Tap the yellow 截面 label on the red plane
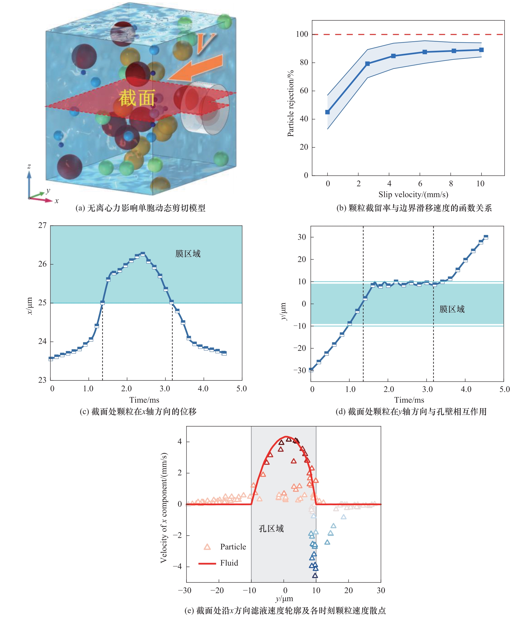pos(137,98)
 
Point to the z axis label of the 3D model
pos(29,166)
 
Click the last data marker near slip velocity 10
pos(481,50)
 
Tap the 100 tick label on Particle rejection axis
pos(302,34)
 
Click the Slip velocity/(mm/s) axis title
pos(413,195)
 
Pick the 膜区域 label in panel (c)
pos(188,254)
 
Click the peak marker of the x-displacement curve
pos(142,254)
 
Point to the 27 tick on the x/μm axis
pos(42,225)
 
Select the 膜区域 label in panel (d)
pos(452,309)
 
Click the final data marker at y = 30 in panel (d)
pos(486,237)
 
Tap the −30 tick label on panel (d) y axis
pos(300,370)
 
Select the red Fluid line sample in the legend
pos(207,563)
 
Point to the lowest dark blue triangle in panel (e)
pos(315,575)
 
